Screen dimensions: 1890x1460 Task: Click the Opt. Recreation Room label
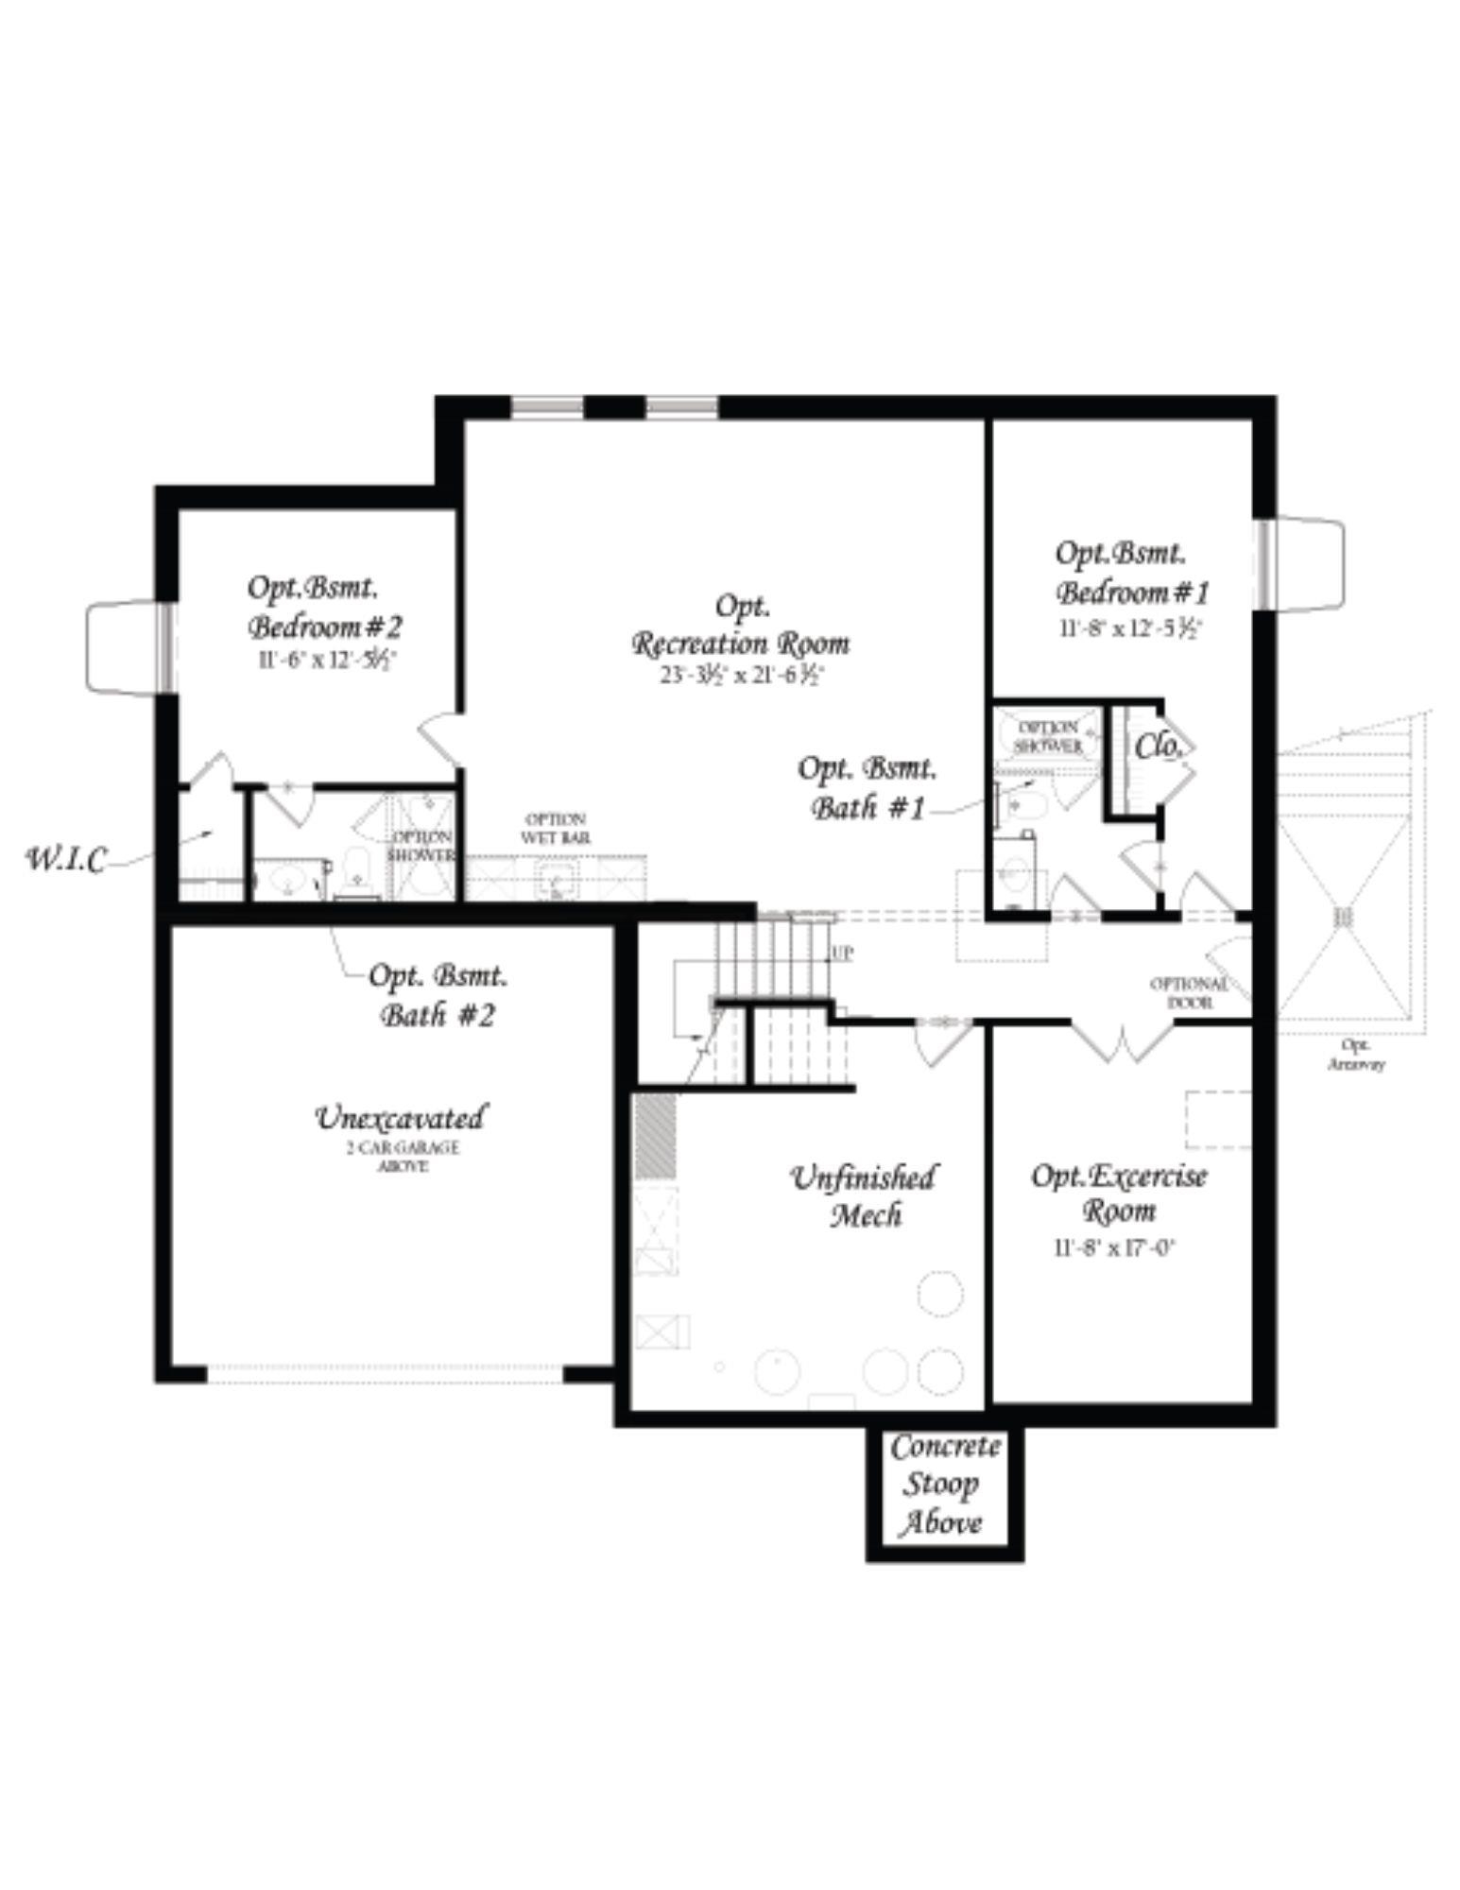point(740,627)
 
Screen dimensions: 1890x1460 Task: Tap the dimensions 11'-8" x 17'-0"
point(1114,1248)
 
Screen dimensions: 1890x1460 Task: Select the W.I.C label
point(65,859)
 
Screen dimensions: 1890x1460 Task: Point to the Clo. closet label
point(1158,747)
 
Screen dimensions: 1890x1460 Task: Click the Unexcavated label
point(400,1118)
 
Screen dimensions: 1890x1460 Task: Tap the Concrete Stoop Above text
point(944,1485)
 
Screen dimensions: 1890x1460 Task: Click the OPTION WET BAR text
point(555,828)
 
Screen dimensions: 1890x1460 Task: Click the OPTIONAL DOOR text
point(1188,992)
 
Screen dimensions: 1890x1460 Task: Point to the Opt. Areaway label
point(1355,1055)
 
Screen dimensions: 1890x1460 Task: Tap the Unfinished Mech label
point(864,1195)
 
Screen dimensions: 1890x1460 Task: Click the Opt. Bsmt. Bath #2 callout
point(438,994)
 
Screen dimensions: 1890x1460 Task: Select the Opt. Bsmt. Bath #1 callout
point(867,788)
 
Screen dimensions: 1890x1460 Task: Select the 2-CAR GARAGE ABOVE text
point(403,1157)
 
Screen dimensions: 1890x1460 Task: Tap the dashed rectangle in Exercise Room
point(1218,1120)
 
